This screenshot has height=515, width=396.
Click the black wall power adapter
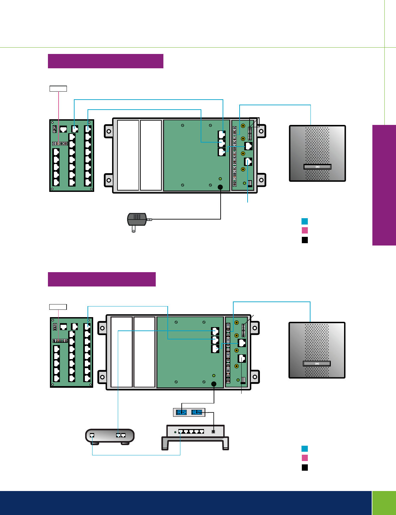137,220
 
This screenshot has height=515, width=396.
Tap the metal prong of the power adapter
134,229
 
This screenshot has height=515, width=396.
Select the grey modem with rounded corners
110,436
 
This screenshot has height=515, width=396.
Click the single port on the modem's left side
92,435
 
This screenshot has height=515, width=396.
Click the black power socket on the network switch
213,432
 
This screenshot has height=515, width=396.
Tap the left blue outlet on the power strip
181,412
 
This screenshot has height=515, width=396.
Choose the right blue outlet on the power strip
197,412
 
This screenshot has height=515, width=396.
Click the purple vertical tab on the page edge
384,185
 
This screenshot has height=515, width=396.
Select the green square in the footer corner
384,503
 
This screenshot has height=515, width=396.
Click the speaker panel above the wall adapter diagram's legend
317,153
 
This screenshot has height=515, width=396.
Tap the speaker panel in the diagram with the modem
317,350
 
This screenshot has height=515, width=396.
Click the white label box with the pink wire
58,88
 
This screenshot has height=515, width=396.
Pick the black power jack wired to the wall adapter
220,187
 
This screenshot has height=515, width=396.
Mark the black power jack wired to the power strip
214,384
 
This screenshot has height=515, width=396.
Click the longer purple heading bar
105,61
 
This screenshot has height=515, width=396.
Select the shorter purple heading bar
101,279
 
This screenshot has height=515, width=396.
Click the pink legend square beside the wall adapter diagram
304,230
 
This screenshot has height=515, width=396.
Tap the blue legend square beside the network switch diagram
304,449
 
